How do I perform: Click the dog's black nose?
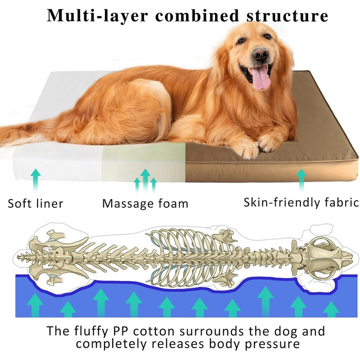pos(260,55)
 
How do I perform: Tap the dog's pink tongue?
pos(261,77)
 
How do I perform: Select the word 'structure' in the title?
pos(287,15)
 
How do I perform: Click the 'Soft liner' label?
pos(35,204)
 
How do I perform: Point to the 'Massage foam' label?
pos(145,204)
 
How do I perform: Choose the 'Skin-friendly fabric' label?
pos(301,203)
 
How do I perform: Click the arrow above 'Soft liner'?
pos(35,181)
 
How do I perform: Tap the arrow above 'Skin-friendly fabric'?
pos(301,181)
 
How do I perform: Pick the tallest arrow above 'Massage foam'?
pos(145,181)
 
